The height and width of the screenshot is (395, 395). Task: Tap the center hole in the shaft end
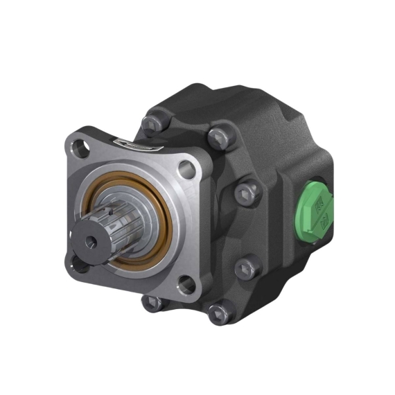pos(91,243)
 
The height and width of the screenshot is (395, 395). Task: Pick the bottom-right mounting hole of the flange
pos(185,283)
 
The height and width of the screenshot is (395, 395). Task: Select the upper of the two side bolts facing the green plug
pos(247,192)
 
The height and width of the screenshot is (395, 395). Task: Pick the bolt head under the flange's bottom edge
pos(150,302)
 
